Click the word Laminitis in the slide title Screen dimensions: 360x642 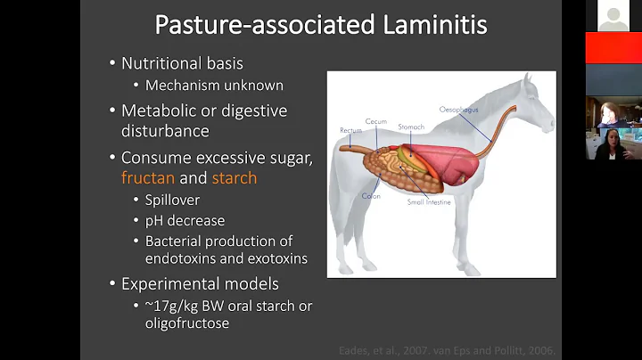point(429,24)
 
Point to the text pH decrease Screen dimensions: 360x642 point(185,221)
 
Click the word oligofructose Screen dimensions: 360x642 point(188,323)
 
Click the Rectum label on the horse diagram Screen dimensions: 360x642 point(350,130)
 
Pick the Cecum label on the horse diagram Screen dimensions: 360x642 point(375,121)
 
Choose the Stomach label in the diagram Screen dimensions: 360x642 point(411,127)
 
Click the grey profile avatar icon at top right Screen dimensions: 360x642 point(613,17)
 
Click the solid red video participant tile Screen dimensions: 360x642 point(613,49)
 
